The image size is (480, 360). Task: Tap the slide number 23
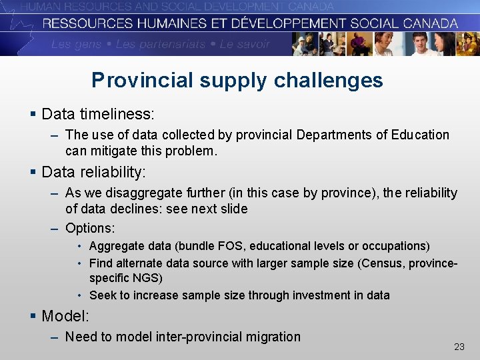coord(459,347)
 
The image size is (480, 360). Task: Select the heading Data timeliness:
coord(97,114)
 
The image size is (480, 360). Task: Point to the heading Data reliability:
coord(93,172)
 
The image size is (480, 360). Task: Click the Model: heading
coord(65,315)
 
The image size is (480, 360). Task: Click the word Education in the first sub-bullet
coord(420,135)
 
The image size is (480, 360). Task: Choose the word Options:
coord(90,228)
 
